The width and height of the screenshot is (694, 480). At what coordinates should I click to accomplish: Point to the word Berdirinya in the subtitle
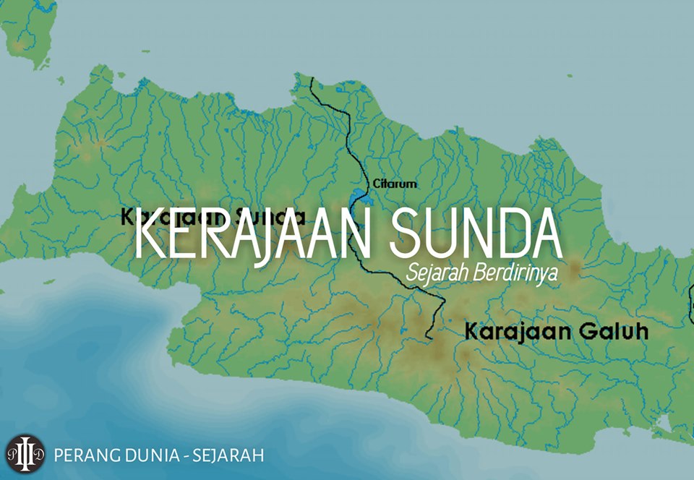[x=512, y=275]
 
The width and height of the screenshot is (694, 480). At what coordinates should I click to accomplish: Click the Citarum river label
[x=395, y=184]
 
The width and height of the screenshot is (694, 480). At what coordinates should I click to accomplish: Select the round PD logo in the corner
[x=25, y=455]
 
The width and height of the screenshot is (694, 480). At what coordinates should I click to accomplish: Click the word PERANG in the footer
[x=86, y=455]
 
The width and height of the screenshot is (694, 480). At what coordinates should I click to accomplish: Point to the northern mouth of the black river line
[x=311, y=77]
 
